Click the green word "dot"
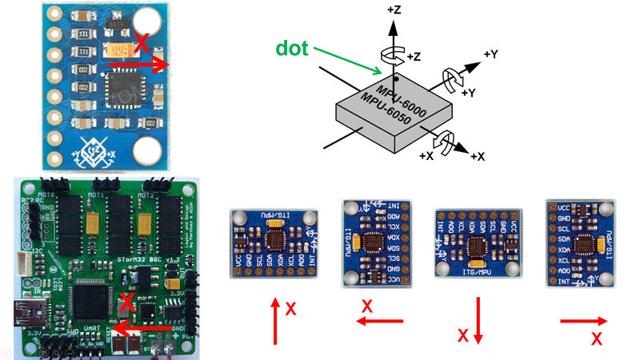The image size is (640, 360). [x=294, y=48]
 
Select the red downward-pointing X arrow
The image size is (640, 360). [x=478, y=320]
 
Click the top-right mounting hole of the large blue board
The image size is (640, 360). [x=147, y=23]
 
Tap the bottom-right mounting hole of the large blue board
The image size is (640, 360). [x=148, y=149]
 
